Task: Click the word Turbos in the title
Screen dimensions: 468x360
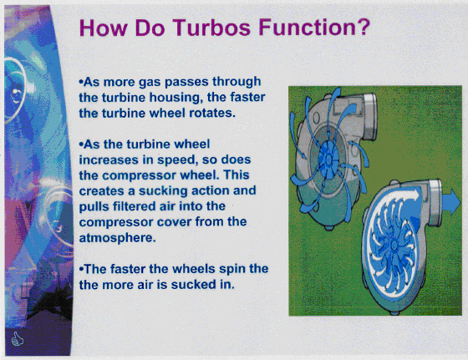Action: [x=211, y=27]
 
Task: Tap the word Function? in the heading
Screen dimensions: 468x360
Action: [x=314, y=27]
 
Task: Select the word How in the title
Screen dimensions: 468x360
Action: [x=103, y=28]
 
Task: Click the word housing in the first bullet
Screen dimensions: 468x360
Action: [x=174, y=98]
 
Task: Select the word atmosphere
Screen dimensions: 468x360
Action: [x=117, y=238]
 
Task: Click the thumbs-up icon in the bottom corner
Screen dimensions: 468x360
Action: [x=17, y=339]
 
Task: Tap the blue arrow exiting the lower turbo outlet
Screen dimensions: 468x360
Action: [x=451, y=201]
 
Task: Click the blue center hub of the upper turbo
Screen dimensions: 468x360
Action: [x=328, y=158]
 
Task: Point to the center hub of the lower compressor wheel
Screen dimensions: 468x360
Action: [x=394, y=246]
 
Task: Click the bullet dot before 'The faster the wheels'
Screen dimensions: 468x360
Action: [x=81, y=268]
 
